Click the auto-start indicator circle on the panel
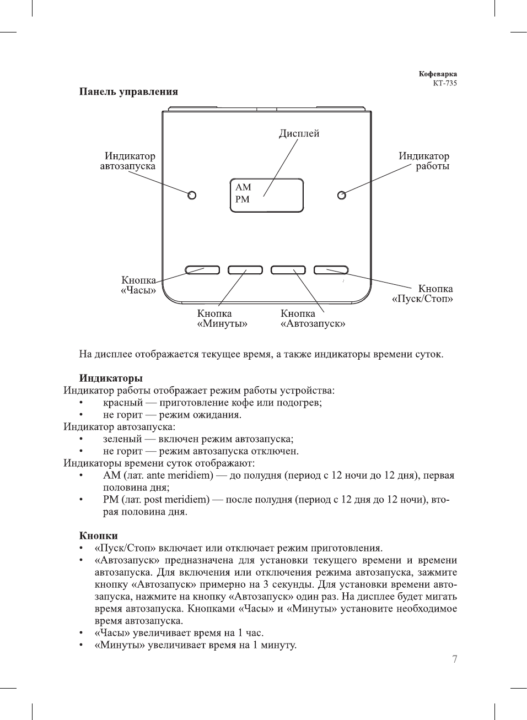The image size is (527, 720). click(192, 195)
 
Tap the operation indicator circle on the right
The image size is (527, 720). click(342, 195)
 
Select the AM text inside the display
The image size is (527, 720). click(243, 187)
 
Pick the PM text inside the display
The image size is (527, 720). click(243, 199)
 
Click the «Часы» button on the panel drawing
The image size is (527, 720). click(202, 270)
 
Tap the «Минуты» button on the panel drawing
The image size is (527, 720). click(245, 270)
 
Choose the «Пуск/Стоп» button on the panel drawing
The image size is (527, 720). click(331, 270)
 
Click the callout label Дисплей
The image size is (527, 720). click(299, 133)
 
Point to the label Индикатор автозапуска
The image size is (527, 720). click(128, 161)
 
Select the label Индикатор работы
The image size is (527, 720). click(424, 161)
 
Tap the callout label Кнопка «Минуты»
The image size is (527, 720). click(222, 318)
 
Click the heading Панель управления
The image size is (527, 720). click(128, 91)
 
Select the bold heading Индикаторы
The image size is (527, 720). click(111, 378)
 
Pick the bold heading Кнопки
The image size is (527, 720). click(98, 535)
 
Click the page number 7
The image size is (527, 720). click(455, 659)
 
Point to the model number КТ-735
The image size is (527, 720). click(445, 83)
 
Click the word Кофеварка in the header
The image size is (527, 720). click(438, 74)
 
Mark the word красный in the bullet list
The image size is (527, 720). click(122, 403)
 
